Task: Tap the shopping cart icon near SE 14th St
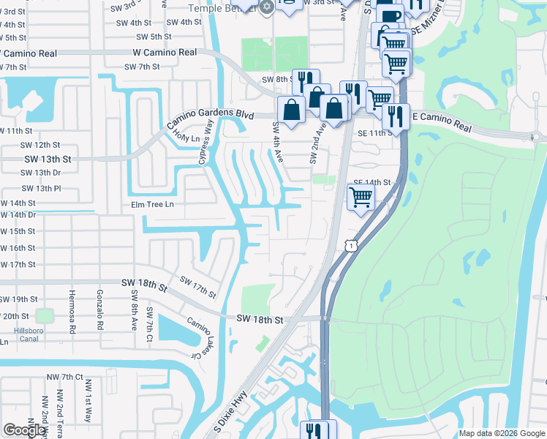[361, 197]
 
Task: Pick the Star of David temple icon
[266, 7]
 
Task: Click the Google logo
[25, 430]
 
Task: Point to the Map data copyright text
[502, 433]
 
